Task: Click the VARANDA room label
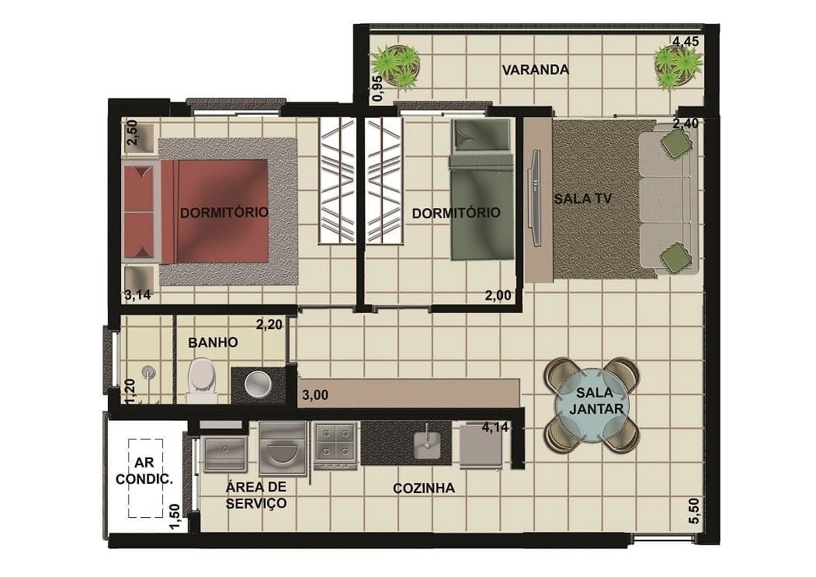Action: click(x=535, y=70)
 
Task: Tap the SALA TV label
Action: click(x=582, y=198)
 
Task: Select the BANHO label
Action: click(x=213, y=342)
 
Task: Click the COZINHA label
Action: click(x=424, y=488)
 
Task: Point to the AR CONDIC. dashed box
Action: click(x=146, y=478)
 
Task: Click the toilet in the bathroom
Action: click(x=202, y=381)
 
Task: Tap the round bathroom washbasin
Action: click(x=258, y=384)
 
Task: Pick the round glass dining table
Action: click(x=592, y=405)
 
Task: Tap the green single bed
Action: click(x=481, y=190)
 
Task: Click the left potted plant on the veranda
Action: click(x=395, y=66)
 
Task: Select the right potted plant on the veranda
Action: click(x=678, y=68)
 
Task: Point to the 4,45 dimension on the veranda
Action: click(x=686, y=41)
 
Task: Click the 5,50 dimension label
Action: click(x=693, y=512)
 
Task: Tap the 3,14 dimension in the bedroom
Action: click(x=137, y=295)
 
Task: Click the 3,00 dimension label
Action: click(x=315, y=395)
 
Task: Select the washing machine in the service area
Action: click(x=282, y=449)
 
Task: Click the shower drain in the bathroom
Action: click(x=149, y=372)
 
